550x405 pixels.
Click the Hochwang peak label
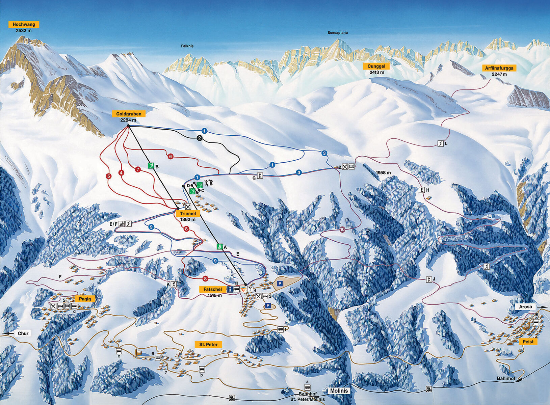click(24, 24)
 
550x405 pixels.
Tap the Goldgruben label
click(129, 114)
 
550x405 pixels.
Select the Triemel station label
click(188, 213)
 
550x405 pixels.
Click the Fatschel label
click(213, 289)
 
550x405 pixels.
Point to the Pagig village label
click(85, 299)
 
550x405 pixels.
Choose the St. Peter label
click(208, 344)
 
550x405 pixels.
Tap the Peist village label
click(528, 342)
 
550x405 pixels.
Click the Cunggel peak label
click(376, 66)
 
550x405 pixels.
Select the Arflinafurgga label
click(499, 68)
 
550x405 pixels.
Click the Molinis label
click(339, 390)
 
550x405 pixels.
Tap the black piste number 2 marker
click(200, 138)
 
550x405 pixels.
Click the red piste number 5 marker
click(108, 176)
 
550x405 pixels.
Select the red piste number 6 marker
click(171, 157)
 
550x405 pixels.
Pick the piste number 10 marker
click(342, 230)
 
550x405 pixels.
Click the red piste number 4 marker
click(121, 173)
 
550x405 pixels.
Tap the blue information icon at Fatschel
click(230, 289)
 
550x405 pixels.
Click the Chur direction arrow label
click(22, 333)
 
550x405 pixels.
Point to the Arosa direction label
click(526, 307)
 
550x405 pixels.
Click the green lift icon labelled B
click(151, 166)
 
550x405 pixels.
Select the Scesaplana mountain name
click(337, 33)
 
